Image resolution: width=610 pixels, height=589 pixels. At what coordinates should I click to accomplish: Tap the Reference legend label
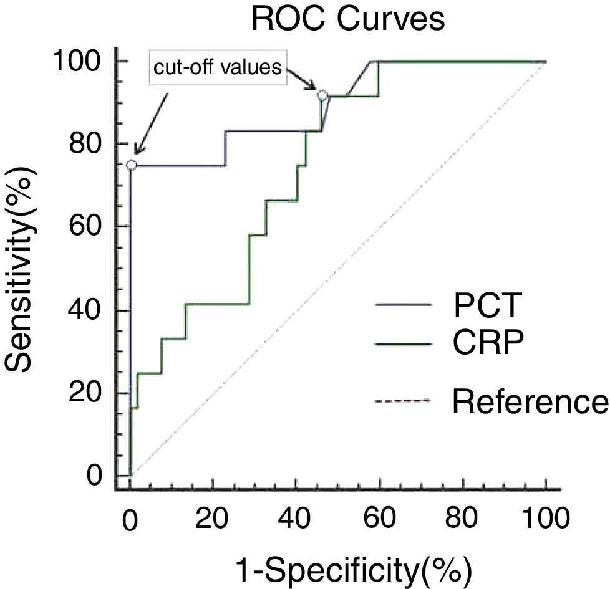(x=529, y=402)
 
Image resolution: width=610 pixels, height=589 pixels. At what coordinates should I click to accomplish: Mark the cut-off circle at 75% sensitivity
(x=131, y=165)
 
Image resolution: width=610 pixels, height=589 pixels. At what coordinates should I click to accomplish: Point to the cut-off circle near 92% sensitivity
(x=322, y=95)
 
